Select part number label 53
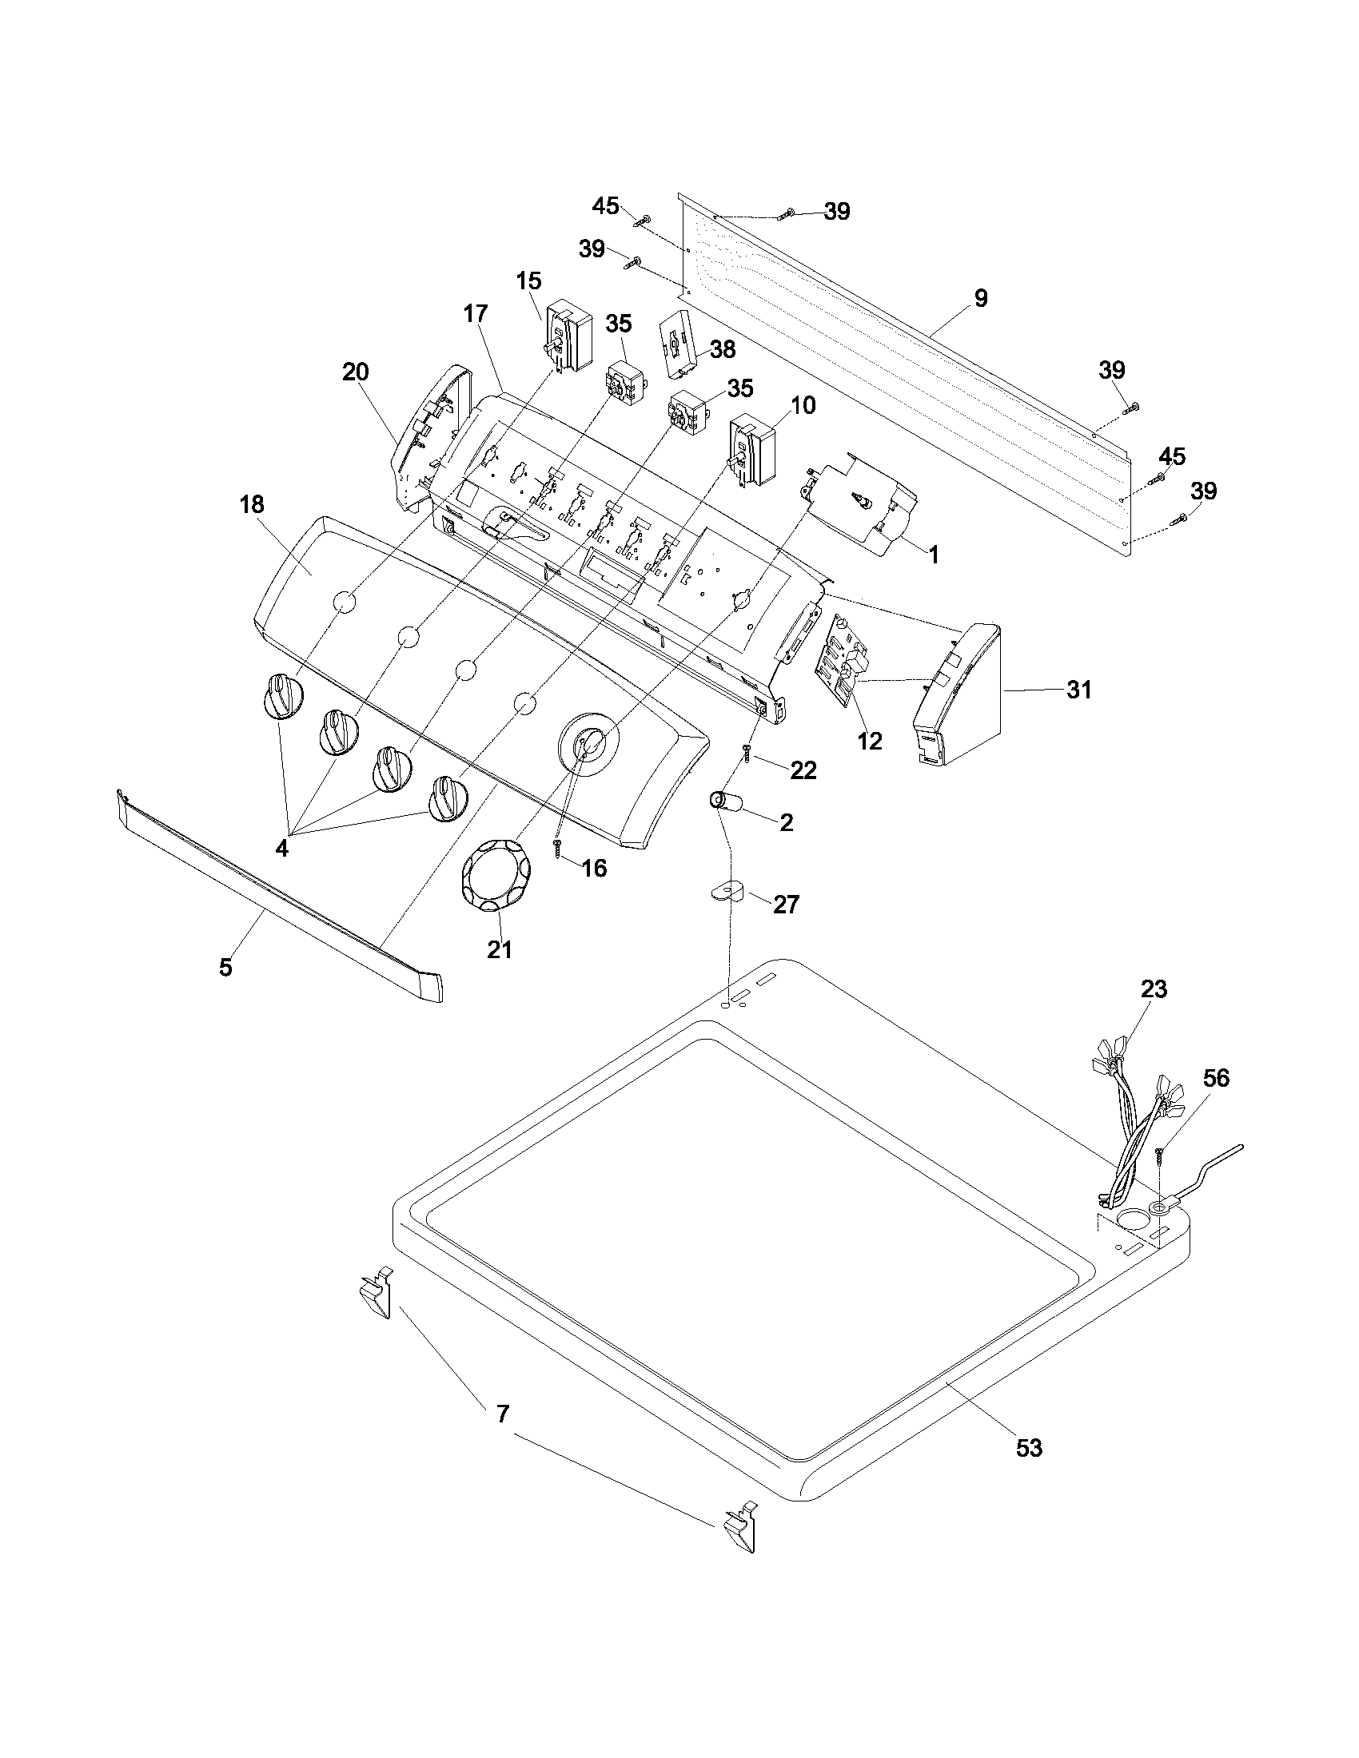(x=1029, y=1448)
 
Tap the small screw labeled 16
(x=556, y=847)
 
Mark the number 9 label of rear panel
(x=980, y=299)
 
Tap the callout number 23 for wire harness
(x=1154, y=988)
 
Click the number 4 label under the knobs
(x=281, y=849)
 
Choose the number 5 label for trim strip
(x=225, y=967)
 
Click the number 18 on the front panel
(x=252, y=505)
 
